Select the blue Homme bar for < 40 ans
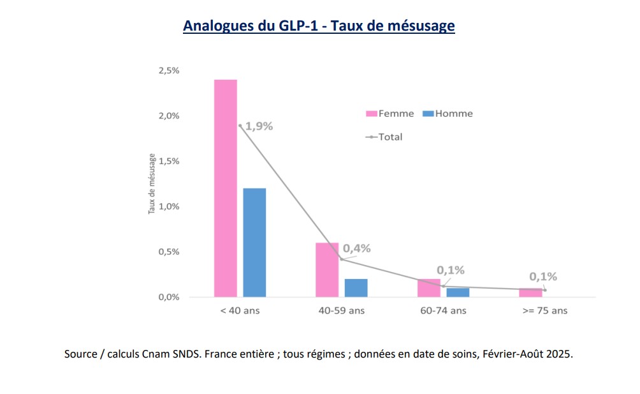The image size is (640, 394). pos(254,242)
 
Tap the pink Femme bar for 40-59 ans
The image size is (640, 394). pos(327,269)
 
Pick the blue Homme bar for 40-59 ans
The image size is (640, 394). pos(356,287)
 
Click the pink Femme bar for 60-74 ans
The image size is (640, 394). pos(428,288)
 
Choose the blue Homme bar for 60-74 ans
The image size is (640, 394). pos(458,292)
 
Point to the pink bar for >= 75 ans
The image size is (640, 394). pos(530,293)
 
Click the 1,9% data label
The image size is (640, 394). pos(258,126)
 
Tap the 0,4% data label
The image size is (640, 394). pos(356,248)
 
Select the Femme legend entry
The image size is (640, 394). pos(389,114)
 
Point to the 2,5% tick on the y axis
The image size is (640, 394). pos(169,70)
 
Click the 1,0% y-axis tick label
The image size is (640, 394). pos(169,206)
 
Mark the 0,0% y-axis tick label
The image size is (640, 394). pos(169,297)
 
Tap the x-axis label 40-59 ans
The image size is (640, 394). pos(341,311)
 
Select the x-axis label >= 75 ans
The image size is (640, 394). pos(544,311)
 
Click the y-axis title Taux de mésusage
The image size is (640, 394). pos(152,183)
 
